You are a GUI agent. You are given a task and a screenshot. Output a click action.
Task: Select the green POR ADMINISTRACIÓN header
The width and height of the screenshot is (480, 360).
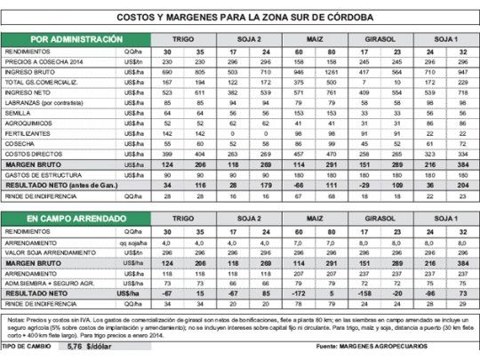click(76, 40)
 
